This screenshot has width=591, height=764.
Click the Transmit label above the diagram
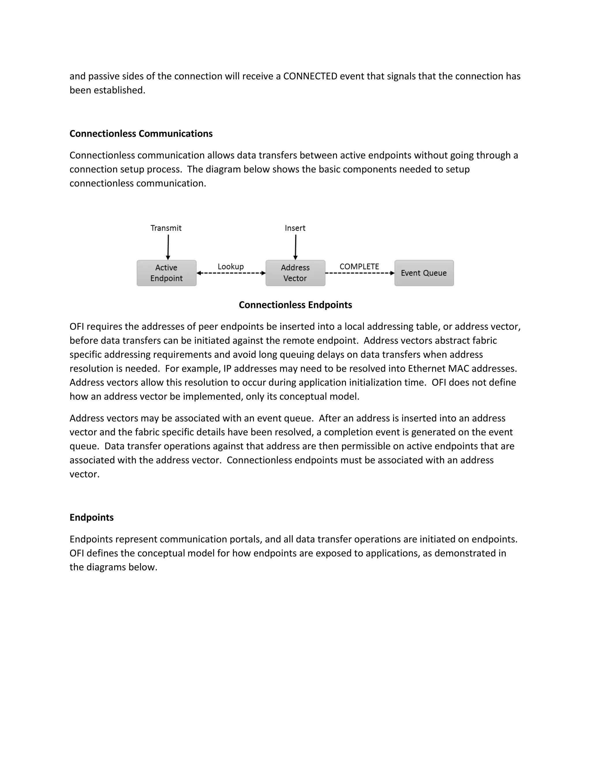tap(166, 228)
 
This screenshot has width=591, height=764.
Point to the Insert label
tap(295, 228)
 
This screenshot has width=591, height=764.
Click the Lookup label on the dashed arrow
tap(230, 267)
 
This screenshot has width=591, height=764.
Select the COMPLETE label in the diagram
tap(359, 267)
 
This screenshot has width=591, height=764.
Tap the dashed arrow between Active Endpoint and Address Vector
tap(231, 273)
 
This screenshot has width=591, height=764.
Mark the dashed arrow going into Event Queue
tap(360, 273)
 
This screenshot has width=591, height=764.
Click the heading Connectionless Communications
tap(141, 134)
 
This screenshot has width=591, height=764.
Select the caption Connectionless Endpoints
tap(295, 305)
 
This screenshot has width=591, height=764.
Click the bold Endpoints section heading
tap(91, 518)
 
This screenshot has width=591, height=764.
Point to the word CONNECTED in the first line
tap(310, 76)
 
